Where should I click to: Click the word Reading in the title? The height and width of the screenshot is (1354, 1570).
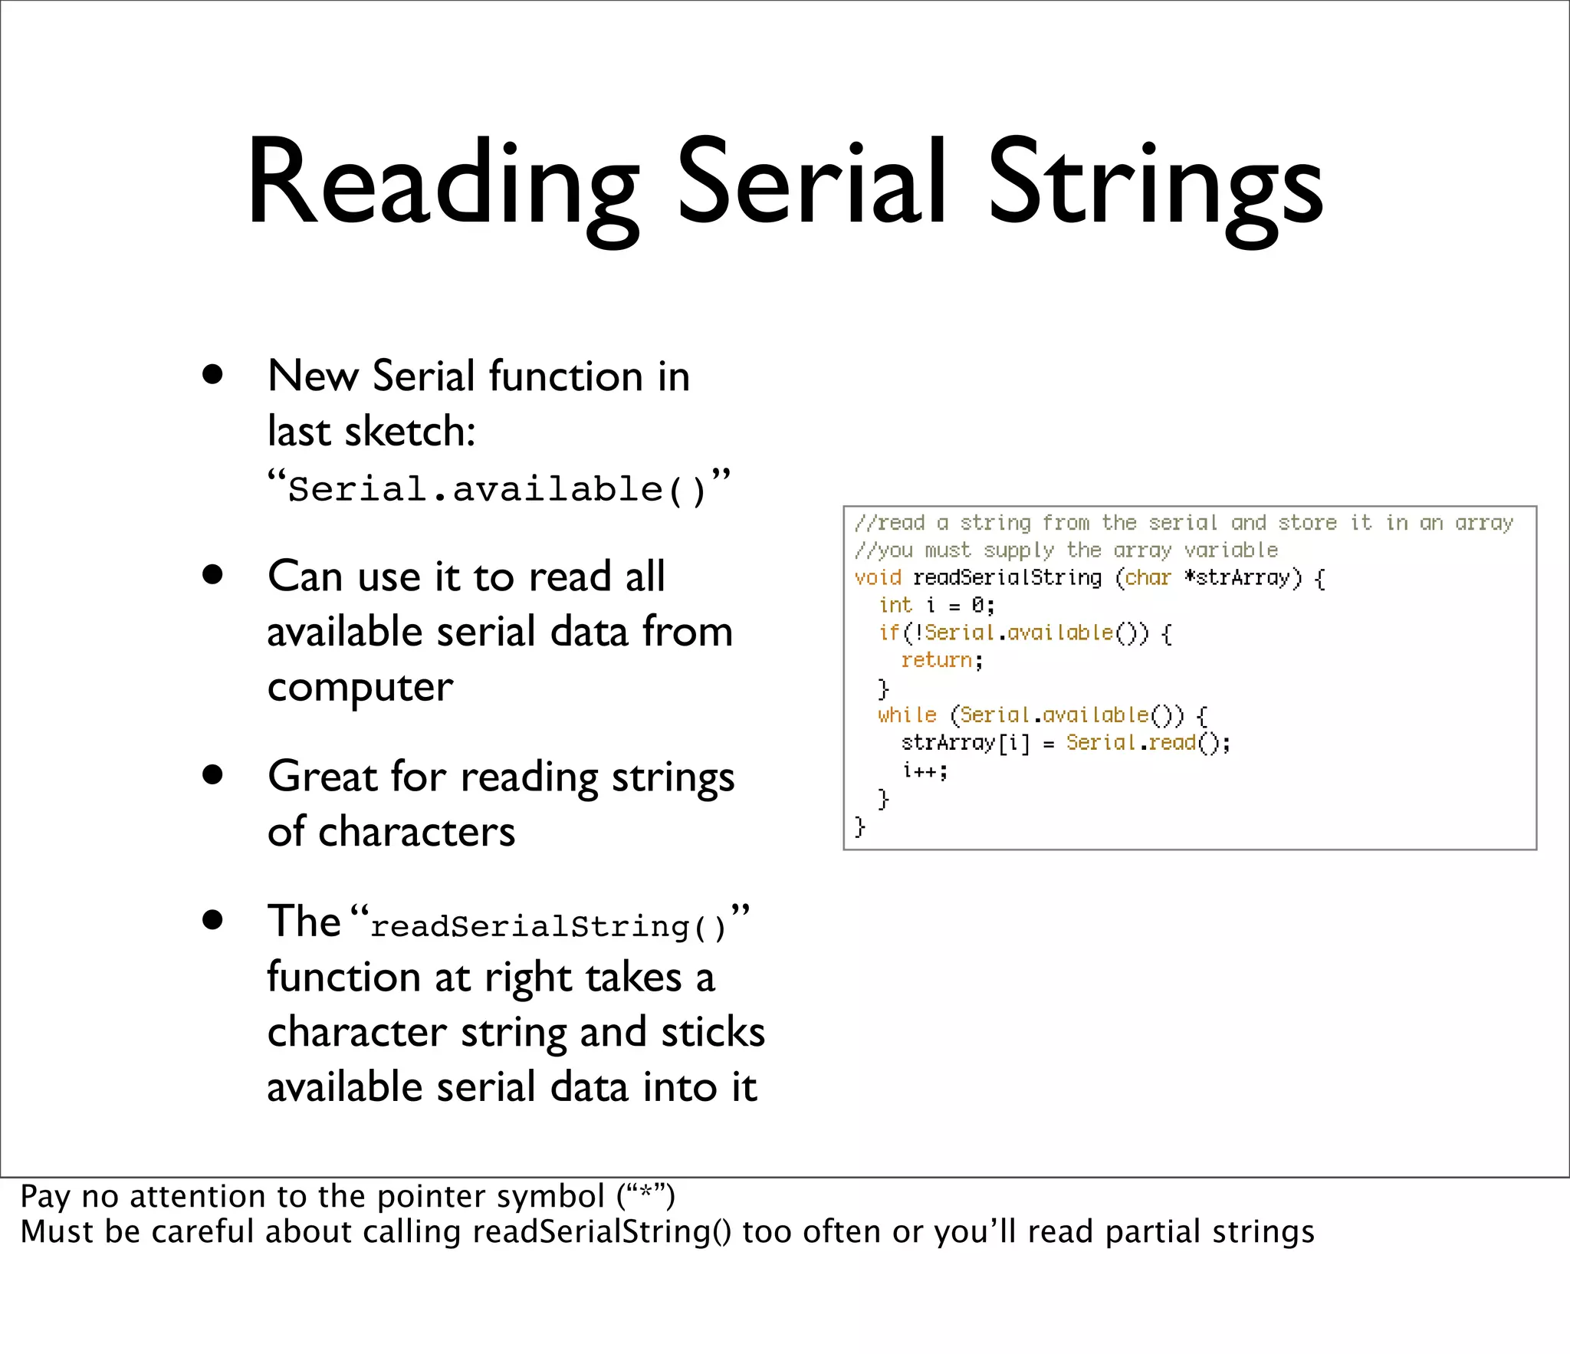[443, 184]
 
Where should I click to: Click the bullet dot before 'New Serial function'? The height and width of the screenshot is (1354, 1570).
[212, 375]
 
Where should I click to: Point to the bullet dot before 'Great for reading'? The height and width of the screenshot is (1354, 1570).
[212, 774]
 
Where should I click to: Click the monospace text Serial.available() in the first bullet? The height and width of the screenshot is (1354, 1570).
[496, 489]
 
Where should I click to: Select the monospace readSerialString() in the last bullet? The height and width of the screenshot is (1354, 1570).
[547, 926]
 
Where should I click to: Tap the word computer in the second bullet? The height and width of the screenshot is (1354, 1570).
[360, 687]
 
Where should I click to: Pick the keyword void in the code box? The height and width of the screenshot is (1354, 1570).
[877, 577]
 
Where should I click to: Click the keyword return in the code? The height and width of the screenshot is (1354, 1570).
[937, 660]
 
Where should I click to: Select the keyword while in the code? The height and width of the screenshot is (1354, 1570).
[907, 715]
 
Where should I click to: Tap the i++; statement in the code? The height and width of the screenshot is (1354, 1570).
[925, 771]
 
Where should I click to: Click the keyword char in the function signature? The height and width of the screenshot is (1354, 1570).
[1148, 577]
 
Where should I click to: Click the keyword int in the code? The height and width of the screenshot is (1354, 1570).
[895, 605]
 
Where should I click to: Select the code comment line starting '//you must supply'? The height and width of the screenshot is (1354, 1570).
[1066, 550]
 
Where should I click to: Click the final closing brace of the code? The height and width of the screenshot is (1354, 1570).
[859, 827]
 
